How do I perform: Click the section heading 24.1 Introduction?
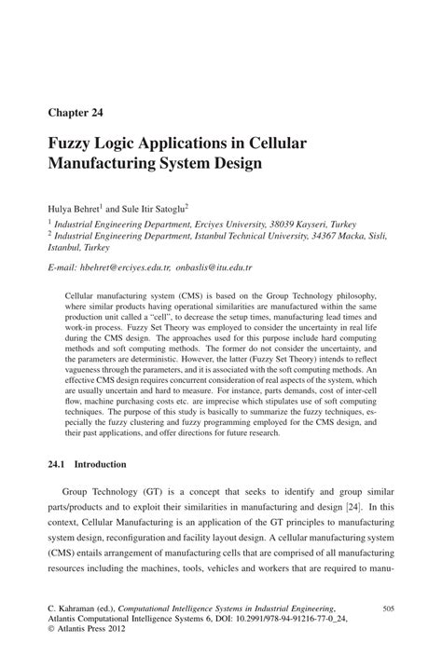[x=87, y=463]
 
